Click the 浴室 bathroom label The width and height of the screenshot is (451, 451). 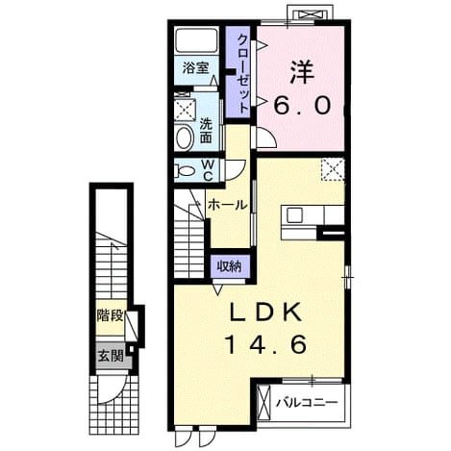pos(196,67)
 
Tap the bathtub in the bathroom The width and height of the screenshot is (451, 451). pos(196,40)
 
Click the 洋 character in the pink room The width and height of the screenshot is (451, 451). pos(302,73)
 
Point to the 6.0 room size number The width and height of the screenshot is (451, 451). pos(302,106)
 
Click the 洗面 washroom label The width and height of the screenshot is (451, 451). pos(206,131)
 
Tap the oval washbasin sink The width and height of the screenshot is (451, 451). pos(185,138)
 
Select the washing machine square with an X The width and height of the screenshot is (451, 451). pos(185,110)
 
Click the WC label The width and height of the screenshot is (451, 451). pos(208,170)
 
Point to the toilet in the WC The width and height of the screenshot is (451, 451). pos(184,170)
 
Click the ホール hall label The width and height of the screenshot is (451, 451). pos(228,205)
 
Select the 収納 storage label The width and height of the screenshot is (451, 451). pos(229,266)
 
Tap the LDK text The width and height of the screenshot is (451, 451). pos(265,312)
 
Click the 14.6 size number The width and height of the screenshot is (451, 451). pos(266,344)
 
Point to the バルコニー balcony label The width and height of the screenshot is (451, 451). pos(308,402)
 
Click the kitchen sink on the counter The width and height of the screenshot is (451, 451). pos(294,214)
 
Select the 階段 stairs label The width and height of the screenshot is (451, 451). pos(110,315)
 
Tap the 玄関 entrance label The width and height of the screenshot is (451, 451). pos(111,356)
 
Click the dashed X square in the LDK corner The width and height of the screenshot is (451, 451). pos(333,169)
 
